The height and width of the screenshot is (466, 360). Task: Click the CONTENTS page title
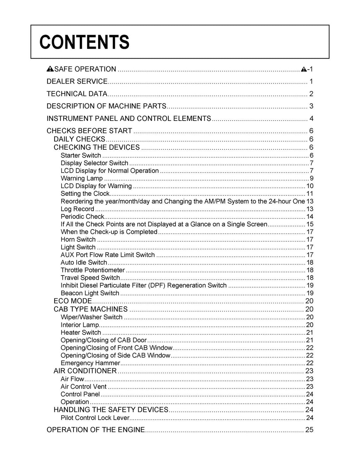click(84, 42)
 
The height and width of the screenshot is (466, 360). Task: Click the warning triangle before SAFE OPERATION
click(50, 69)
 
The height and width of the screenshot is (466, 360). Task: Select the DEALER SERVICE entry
click(77, 82)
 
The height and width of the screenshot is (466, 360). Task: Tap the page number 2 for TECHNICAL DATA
click(311, 94)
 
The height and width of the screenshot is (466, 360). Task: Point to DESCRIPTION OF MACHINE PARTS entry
click(106, 106)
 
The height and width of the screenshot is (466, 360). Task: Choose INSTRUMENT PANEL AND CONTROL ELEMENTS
click(129, 118)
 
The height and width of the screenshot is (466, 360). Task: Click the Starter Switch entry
click(81, 155)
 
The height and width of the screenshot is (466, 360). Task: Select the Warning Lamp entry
click(82, 178)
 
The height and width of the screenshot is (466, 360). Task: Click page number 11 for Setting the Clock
click(310, 194)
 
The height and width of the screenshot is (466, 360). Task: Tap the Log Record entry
click(77, 209)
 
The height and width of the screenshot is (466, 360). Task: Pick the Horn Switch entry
click(78, 239)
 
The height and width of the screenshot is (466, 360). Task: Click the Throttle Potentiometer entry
click(92, 270)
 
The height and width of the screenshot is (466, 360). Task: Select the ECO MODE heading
click(72, 301)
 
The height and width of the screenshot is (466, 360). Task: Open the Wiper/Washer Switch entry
click(91, 317)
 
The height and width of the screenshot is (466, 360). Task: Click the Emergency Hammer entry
click(90, 363)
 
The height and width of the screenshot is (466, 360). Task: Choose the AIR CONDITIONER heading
click(85, 371)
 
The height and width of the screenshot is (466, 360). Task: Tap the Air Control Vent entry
click(84, 387)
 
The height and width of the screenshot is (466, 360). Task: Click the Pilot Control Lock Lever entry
click(95, 418)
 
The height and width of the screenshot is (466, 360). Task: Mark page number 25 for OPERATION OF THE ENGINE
click(309, 430)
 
